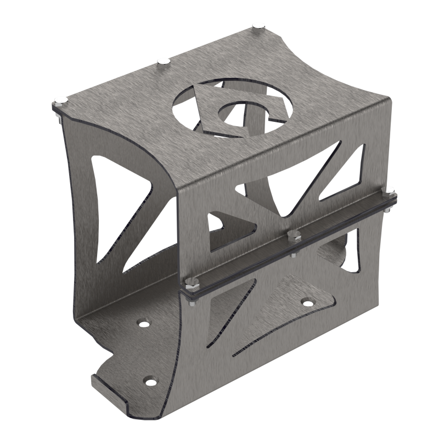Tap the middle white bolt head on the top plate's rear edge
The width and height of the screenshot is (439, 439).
pos(162,61)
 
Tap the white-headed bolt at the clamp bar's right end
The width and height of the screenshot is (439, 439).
pos(390,190)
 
